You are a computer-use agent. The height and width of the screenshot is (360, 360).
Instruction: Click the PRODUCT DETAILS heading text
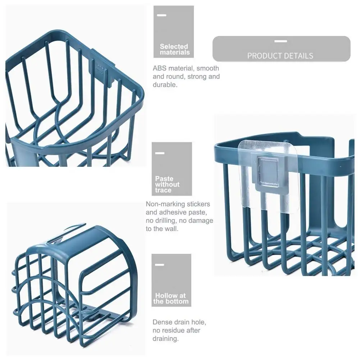coord(280,56)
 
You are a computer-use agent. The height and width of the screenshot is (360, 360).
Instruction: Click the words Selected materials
coord(174,49)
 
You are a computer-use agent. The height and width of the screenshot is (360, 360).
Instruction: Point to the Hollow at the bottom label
coord(171,299)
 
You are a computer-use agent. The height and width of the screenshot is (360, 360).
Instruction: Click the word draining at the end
coord(165,338)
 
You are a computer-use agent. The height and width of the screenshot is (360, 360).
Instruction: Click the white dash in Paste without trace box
coord(159,153)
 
